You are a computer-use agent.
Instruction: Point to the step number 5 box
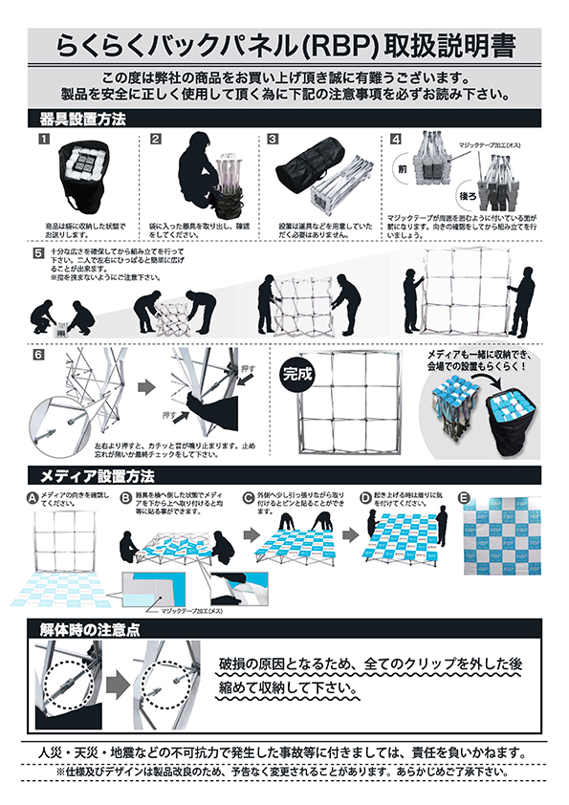pos(38,253)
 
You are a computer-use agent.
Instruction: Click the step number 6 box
pos(38,355)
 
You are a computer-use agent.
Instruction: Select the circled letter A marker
pos(33,497)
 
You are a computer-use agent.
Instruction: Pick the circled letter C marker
pos(248,497)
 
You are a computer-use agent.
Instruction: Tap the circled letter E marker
pos(464,497)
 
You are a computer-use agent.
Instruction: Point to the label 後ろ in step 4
pos(467,193)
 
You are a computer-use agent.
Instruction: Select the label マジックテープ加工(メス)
pos(191,609)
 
